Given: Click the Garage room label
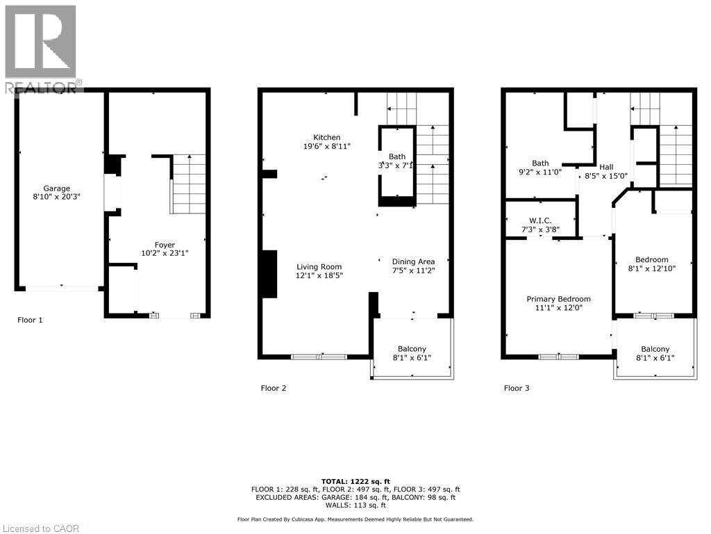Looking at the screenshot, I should tap(57, 188).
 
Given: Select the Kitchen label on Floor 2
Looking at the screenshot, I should tap(326, 138).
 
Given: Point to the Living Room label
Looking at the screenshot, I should tap(319, 266).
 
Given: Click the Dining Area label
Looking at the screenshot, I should tap(413, 261).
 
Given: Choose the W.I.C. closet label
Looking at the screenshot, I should tap(540, 220).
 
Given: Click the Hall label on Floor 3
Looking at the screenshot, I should tap(606, 167).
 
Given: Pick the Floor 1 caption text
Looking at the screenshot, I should tap(30, 321).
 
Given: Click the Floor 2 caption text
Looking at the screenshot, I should tap(273, 389).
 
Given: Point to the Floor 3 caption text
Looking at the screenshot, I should tap(517, 389).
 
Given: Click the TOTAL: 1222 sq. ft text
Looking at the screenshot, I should tap(355, 481).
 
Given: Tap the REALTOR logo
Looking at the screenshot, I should tap(42, 49).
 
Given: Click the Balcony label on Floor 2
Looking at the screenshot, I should tap(412, 349).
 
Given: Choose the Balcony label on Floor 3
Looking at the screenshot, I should tap(655, 349).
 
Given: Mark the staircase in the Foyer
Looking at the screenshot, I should tap(189, 184).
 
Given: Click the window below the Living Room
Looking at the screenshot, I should tap(319, 357).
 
